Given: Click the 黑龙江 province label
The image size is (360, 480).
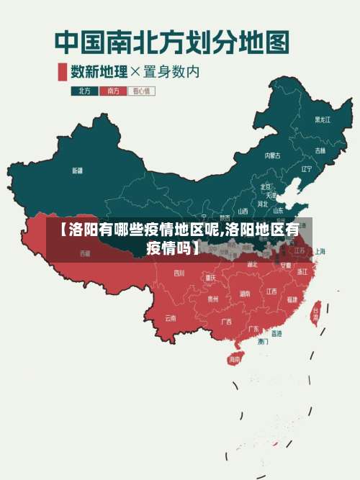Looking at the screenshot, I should pos(323,119).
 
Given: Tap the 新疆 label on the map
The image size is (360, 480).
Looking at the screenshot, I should pos(77,171).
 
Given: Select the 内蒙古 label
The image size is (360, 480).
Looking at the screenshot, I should pos(272,155).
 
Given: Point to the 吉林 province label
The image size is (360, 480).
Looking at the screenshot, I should pos(320,150).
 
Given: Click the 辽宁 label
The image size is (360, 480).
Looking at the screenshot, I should pos(307,169).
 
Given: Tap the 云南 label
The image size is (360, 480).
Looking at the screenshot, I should pos(171,317).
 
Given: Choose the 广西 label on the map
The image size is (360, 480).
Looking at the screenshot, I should pos(226,322).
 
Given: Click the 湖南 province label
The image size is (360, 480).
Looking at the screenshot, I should pos(245,293).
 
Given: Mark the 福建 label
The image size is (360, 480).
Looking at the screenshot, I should pos(292,299).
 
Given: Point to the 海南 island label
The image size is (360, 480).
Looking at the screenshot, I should pos(235,358).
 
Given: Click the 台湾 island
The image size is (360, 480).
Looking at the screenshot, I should pos(315,314).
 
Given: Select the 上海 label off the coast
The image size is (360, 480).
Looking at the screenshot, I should pos(320,252).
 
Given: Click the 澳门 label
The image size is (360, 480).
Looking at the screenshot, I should pos(263,341).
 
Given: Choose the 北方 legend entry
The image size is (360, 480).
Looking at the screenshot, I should pos(84,91).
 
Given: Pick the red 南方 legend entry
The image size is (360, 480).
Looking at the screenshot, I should pos(112,91).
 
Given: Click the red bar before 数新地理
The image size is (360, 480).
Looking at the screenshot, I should pos(62,71).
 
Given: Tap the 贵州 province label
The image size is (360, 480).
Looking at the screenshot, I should pos(212,298).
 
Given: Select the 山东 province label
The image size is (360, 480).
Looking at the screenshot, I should pos(278,211).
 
